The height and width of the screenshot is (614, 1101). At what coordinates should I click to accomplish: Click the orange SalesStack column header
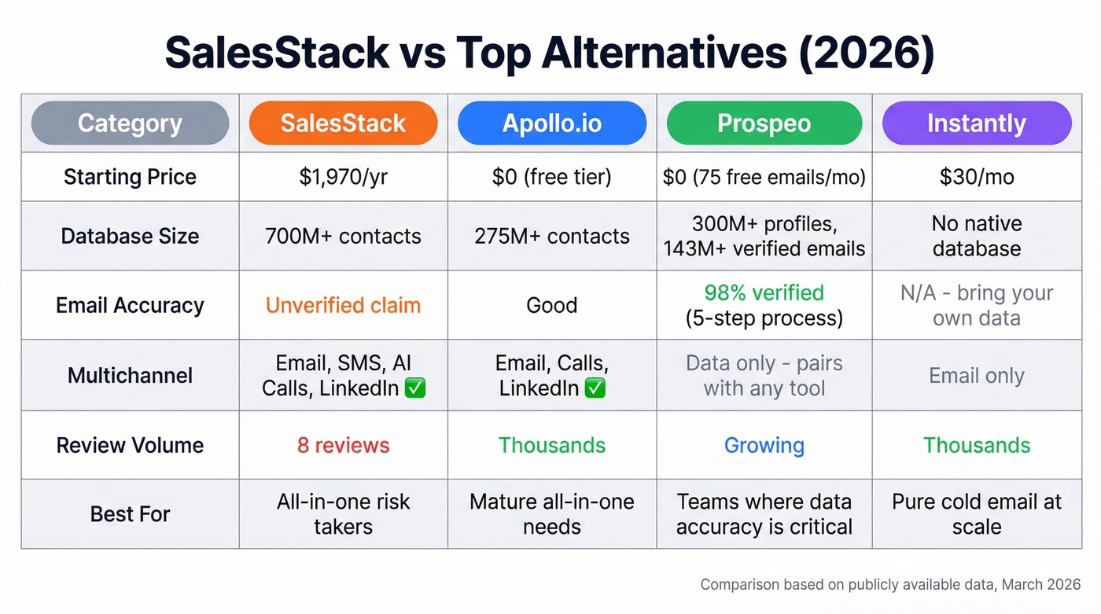[343, 123]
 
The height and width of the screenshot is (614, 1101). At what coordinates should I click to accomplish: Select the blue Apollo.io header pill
[552, 123]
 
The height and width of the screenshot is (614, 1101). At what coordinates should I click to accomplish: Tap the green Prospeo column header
[764, 123]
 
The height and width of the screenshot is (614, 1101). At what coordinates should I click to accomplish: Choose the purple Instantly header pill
[976, 123]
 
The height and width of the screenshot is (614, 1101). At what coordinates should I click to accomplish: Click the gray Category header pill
[130, 123]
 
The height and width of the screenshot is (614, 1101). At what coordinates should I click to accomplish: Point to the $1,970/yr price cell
[343, 177]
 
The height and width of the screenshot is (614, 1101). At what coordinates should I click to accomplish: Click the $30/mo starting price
[976, 177]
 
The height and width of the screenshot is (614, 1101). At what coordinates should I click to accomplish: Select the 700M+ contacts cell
[343, 236]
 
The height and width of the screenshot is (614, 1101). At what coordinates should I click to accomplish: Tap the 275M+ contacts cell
[552, 236]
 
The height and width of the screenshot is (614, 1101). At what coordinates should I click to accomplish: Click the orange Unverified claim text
[343, 305]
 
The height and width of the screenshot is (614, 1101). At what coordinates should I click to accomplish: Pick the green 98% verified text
[764, 293]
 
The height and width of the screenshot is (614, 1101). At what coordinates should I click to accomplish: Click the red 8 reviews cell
[343, 445]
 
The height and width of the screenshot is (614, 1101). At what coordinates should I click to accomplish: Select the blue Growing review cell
[764, 445]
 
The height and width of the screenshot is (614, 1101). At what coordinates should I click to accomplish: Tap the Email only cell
[976, 376]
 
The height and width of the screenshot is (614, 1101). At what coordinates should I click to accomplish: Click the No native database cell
[976, 236]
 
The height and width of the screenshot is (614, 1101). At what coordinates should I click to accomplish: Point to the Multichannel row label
[130, 376]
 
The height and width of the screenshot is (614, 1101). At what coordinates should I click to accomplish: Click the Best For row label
[130, 514]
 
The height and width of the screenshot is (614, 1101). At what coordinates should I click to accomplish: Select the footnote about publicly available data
[890, 585]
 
